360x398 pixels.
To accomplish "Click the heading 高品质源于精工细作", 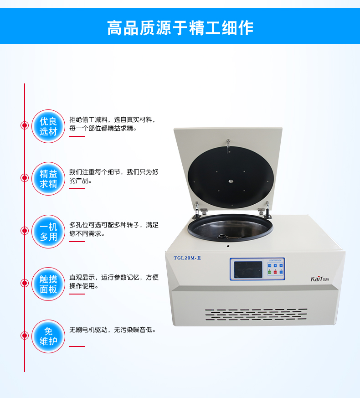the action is tap(180, 28).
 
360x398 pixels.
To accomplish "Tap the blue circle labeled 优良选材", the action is tap(48, 126).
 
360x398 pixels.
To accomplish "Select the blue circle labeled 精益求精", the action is tap(48, 179).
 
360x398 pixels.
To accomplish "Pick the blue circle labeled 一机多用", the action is tap(48, 232).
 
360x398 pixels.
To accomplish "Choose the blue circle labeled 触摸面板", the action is tap(48, 284).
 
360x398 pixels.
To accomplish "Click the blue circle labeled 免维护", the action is tap(48, 336).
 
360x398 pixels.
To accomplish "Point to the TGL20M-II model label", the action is tap(187, 258).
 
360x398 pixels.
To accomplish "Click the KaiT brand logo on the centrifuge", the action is tap(319, 279).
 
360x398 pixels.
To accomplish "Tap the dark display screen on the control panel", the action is tap(248, 269).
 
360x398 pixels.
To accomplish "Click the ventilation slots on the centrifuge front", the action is tap(256, 314).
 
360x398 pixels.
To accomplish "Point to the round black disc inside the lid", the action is tap(231, 177).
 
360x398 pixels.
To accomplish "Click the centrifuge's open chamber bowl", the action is tap(231, 227).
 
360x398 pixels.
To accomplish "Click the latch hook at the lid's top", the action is tap(228, 146).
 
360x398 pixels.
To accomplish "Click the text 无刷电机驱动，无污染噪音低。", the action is tap(113, 330).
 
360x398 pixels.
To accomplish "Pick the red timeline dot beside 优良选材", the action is tap(25, 125).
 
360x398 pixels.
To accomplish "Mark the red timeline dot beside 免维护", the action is tap(25, 336).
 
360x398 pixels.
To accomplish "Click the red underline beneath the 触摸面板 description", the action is tap(77, 294).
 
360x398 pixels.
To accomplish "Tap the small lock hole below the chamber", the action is tap(228, 246).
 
